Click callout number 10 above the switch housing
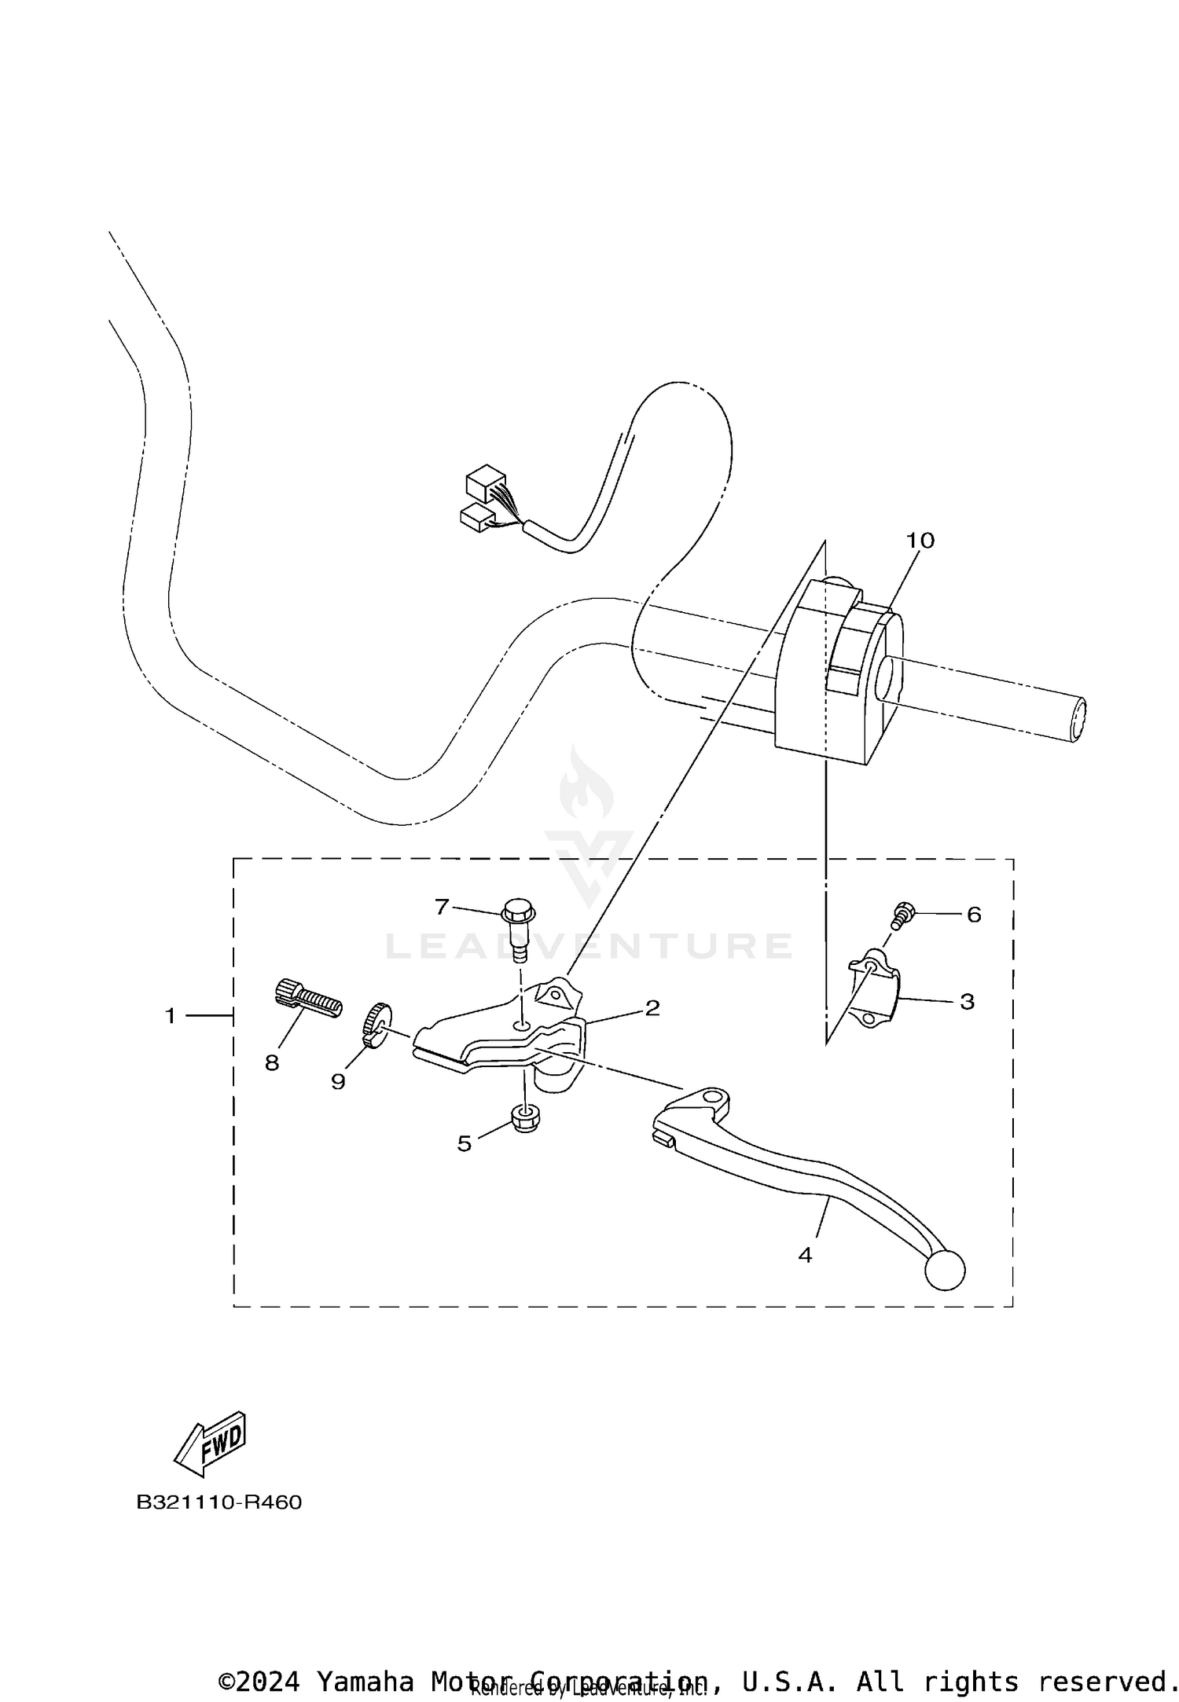point(920,541)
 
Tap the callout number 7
point(442,908)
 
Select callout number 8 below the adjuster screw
point(272,1063)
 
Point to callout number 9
point(338,1082)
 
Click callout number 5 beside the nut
point(465,1144)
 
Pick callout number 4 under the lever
point(805,1255)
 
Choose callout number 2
point(652,1008)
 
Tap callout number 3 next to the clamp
point(967,1002)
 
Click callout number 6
point(974,915)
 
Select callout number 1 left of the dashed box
point(171,1016)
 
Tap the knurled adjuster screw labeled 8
point(309,998)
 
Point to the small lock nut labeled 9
point(376,1023)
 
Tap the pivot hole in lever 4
point(712,1096)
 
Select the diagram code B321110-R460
point(219,1502)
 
